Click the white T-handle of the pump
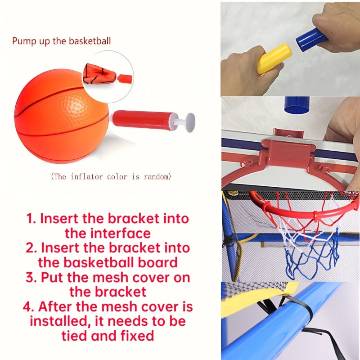point(189,122)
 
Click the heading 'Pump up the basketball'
point(61,41)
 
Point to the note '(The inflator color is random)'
point(111,176)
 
